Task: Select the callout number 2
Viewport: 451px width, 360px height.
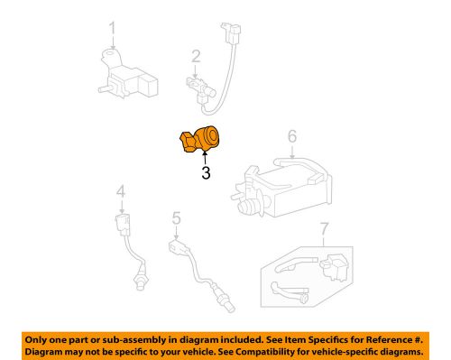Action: tap(194, 58)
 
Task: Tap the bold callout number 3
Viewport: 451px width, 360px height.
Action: tap(206, 173)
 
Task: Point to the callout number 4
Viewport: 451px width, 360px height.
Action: tap(120, 191)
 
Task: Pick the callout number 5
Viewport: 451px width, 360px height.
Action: tap(177, 217)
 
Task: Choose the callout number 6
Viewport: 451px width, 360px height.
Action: tap(291, 137)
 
